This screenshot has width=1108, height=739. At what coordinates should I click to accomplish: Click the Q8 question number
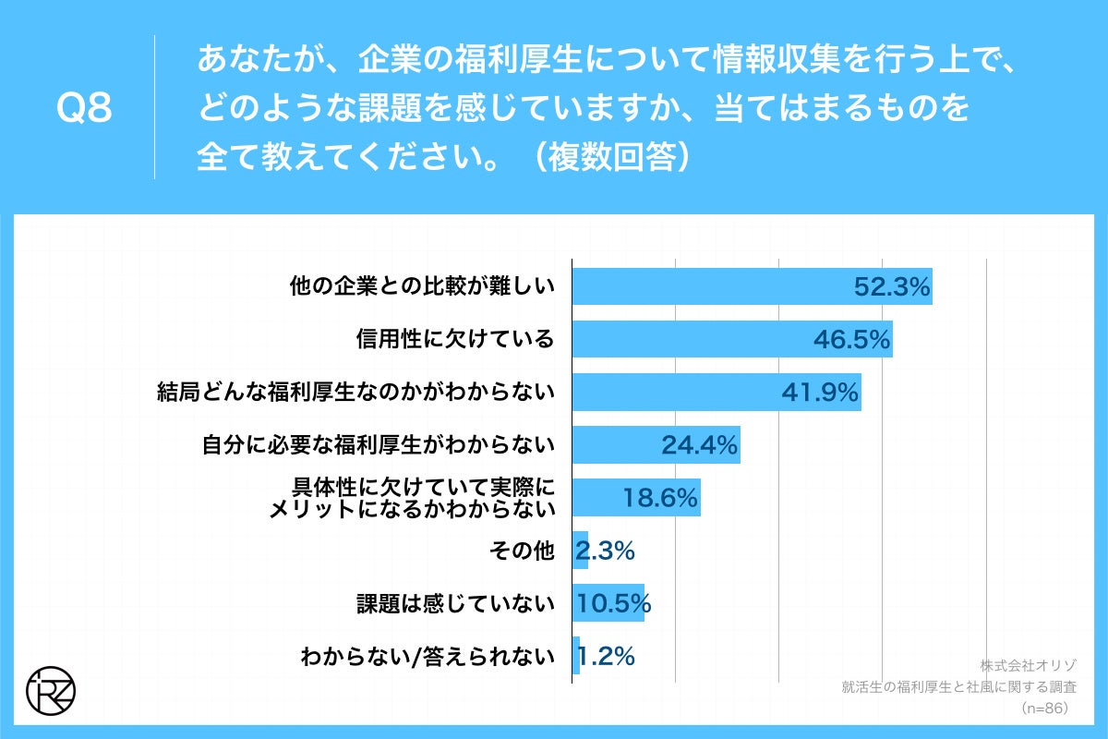coord(84,109)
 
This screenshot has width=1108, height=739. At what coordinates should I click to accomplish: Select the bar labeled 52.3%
coord(752,286)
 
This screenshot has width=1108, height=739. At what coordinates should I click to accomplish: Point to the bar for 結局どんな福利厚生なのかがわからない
coord(716,393)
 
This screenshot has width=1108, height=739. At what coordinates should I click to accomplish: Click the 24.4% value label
coord(699,446)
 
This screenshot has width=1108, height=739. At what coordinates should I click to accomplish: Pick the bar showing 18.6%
coord(635,499)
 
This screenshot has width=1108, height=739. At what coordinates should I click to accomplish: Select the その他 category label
coord(521,551)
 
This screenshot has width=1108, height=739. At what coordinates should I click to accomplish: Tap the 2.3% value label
coord(605,551)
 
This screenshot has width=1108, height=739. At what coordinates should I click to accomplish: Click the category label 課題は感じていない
coord(455,604)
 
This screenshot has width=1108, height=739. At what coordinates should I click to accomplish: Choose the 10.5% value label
coord(614,604)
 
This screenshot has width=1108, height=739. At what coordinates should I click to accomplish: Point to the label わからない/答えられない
coord(428,657)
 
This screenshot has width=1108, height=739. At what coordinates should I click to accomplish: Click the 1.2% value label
coord(606,657)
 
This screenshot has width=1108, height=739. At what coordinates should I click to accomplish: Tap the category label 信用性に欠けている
coord(455,340)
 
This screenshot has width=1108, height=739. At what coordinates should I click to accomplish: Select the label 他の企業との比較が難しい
coord(422,286)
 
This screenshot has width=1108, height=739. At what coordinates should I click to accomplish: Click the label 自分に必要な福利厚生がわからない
coord(379,446)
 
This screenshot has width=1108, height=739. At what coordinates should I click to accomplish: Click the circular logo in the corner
coord(51,688)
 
